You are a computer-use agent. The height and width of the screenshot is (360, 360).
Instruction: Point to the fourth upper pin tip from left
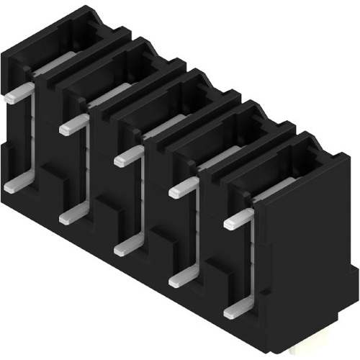(174, 192)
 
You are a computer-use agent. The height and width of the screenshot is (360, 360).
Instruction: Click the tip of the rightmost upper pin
(230, 224)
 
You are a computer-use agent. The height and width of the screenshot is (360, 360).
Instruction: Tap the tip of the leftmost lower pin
(9, 186)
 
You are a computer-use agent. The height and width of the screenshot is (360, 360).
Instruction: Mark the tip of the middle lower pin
(120, 248)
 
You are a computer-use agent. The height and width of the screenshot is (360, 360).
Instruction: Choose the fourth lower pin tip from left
(174, 282)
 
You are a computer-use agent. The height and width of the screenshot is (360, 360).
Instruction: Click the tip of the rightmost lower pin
(230, 313)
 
